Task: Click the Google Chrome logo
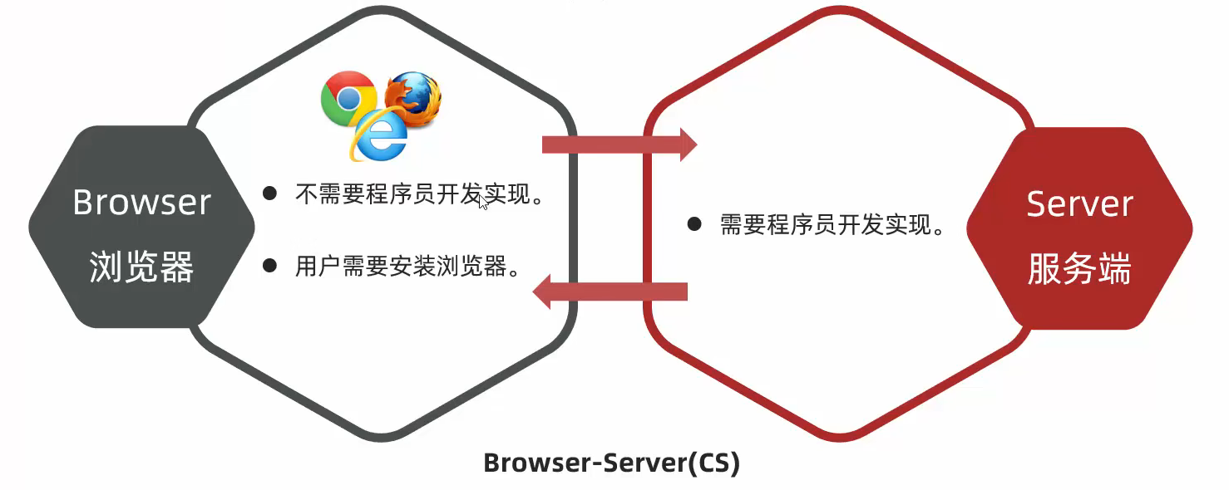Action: [348, 99]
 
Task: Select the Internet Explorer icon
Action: [379, 135]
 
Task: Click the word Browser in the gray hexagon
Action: [141, 203]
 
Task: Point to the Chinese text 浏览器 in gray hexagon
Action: [141, 267]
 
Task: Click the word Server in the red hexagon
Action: [1079, 204]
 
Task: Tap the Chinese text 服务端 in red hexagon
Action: [1079, 268]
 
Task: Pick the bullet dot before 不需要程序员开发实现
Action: [269, 194]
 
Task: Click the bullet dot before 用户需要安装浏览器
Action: [269, 266]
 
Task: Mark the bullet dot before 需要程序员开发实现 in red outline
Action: [694, 224]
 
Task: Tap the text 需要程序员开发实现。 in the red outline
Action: [832, 225]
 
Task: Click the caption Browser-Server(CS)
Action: [611, 463]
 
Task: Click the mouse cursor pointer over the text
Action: [483, 202]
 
